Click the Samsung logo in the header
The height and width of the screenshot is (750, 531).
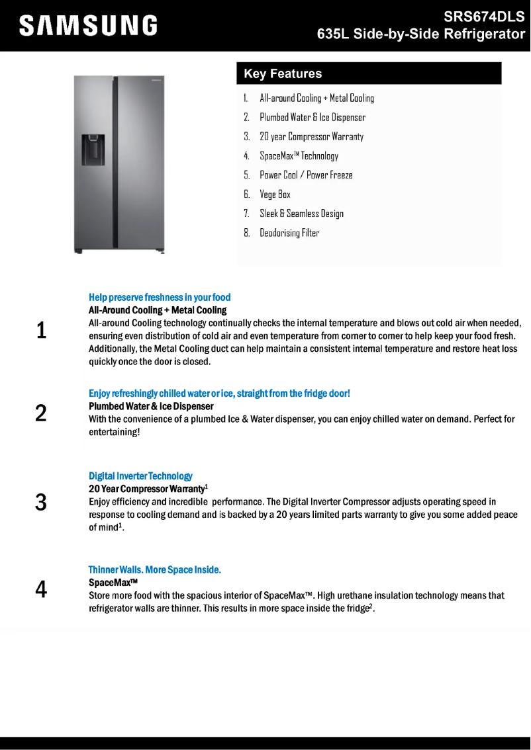pos(88,25)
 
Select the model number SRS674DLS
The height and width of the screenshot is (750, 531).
pos(484,18)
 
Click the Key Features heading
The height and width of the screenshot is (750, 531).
pos(283,73)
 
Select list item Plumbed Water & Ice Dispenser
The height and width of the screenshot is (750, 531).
pos(312,118)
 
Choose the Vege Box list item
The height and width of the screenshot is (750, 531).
pos(275,194)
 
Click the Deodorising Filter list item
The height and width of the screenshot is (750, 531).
pos(289,233)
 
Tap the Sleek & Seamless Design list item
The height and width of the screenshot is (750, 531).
pos(301,214)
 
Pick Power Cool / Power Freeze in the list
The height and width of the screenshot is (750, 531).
pos(306,175)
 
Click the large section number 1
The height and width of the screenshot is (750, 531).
pos(41,330)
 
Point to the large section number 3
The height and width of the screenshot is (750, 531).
pos(41,502)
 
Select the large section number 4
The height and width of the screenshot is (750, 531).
pos(41,589)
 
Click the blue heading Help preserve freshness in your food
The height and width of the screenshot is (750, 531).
pos(160,298)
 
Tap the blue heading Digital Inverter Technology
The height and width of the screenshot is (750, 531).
pos(140,476)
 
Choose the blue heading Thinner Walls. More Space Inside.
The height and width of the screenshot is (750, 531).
pos(155,569)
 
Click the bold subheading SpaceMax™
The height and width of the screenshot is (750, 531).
pos(113,583)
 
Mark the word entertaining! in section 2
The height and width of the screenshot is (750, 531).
pos(115,432)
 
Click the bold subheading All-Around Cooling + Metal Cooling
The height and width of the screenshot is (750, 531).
pos(158,310)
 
